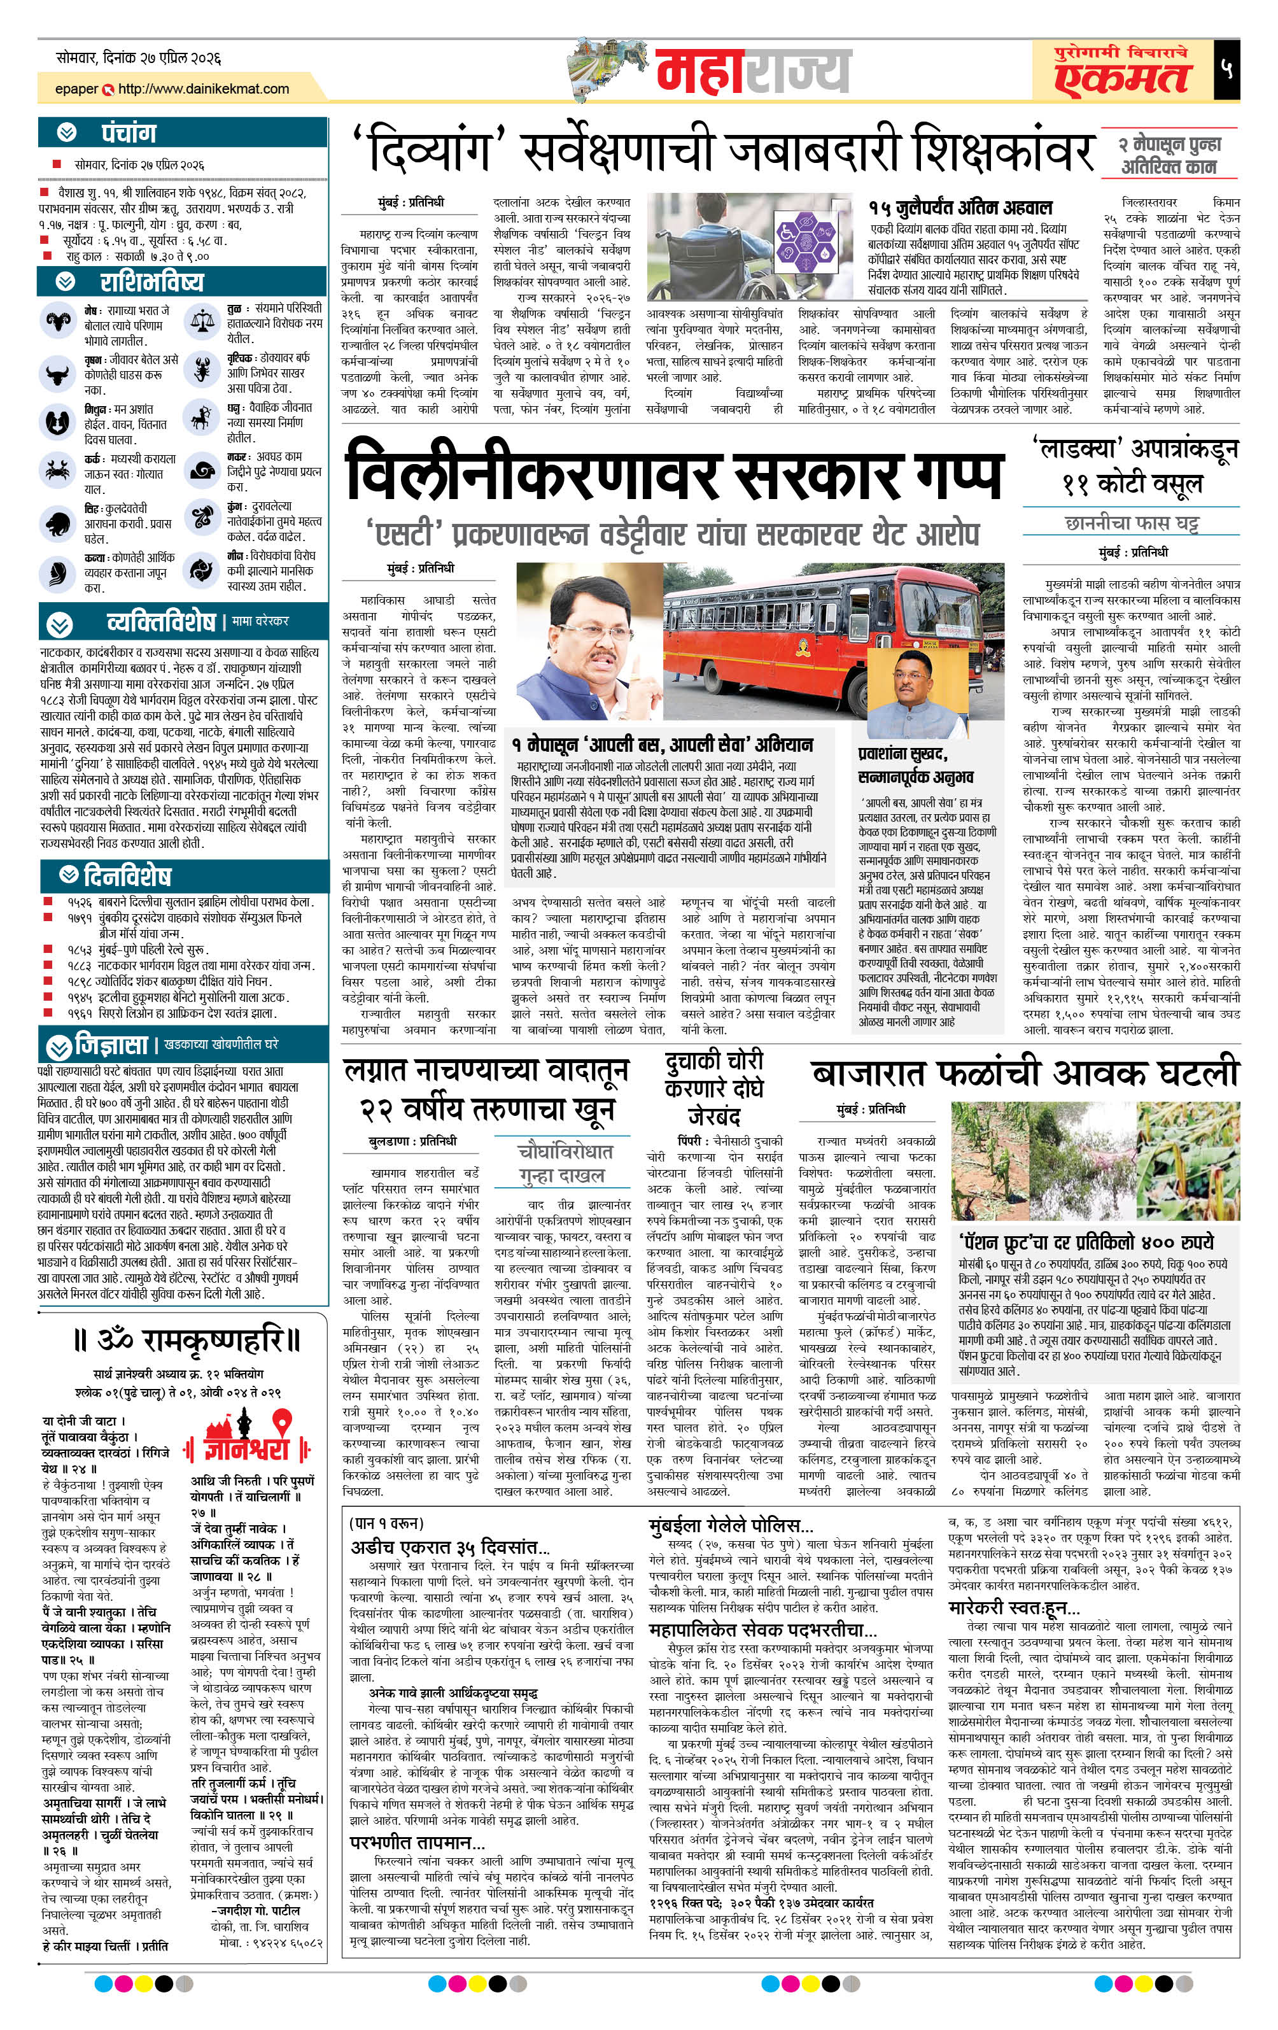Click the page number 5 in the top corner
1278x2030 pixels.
tap(1226, 68)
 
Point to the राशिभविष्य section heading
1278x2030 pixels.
tap(151, 281)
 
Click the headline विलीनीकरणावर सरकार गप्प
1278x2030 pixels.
tap(675, 477)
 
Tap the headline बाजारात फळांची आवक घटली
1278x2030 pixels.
tap(1023, 1073)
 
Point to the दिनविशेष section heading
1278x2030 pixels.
tap(127, 874)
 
